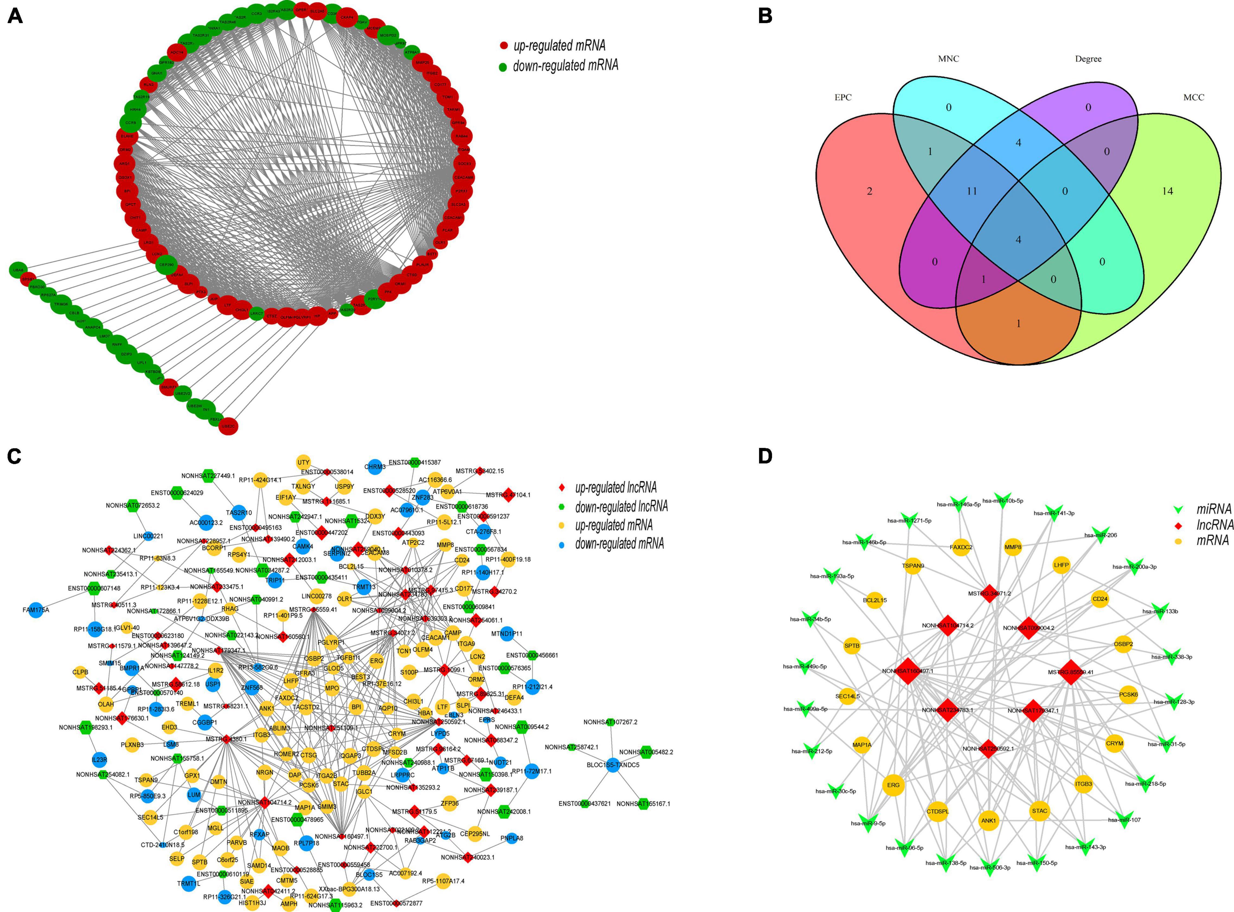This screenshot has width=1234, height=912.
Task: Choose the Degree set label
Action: pyautogui.click(x=1088, y=59)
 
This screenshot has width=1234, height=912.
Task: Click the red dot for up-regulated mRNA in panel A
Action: pyautogui.click(x=503, y=46)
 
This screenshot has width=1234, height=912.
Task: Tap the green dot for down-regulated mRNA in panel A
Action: pyautogui.click(x=503, y=67)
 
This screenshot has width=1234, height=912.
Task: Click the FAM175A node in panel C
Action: pyautogui.click(x=36, y=610)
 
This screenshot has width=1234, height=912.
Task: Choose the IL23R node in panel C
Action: pyautogui.click(x=99, y=760)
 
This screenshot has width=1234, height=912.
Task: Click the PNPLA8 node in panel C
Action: pyautogui.click(x=512, y=838)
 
